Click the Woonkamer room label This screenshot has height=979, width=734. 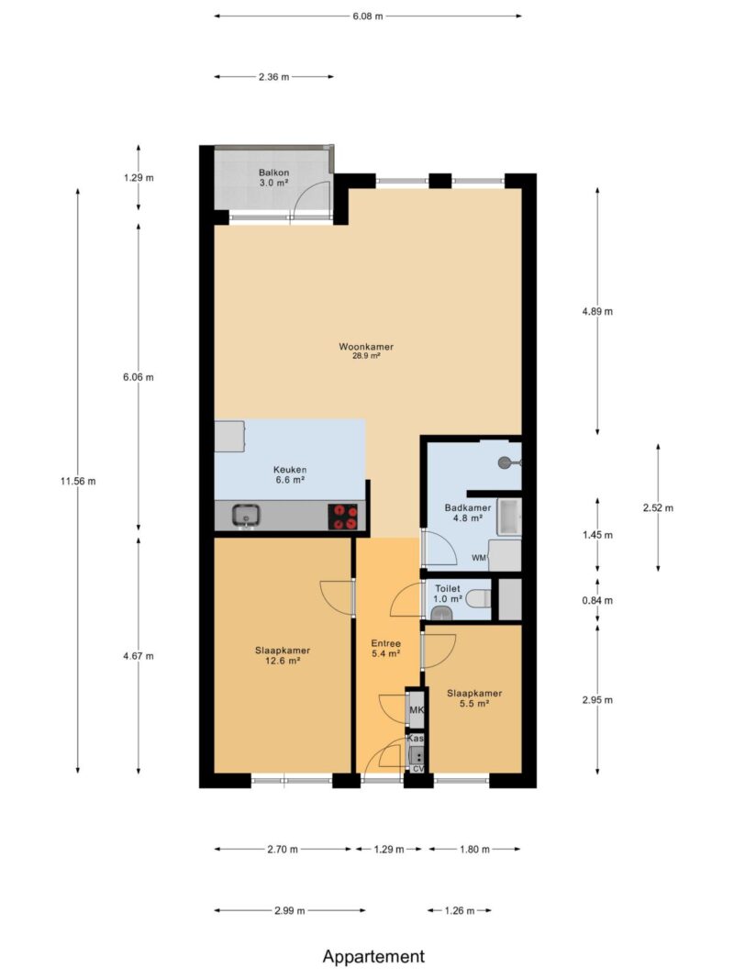point(366,347)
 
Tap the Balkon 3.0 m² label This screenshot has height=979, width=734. point(274,177)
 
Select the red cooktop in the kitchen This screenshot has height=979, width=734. point(342,517)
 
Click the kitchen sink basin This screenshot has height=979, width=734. point(246,516)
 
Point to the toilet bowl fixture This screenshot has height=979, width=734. point(479,599)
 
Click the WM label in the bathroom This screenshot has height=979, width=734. point(479,558)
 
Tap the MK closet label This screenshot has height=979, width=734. point(417,710)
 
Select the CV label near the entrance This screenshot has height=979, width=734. point(418,769)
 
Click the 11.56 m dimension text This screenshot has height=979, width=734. point(78,481)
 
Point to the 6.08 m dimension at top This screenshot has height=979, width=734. point(368,17)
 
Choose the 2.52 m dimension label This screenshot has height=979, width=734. point(659,507)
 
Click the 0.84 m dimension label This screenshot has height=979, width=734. point(597,601)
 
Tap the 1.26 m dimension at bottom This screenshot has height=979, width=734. point(460,910)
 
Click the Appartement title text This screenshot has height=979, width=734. point(373,957)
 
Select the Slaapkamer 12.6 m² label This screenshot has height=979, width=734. point(282,656)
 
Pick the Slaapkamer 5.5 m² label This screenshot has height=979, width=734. point(474,698)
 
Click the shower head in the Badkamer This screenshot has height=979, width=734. point(506,462)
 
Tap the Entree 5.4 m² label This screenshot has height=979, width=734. point(385,648)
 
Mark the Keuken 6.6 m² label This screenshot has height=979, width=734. point(290,474)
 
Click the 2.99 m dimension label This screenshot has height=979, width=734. point(290,910)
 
